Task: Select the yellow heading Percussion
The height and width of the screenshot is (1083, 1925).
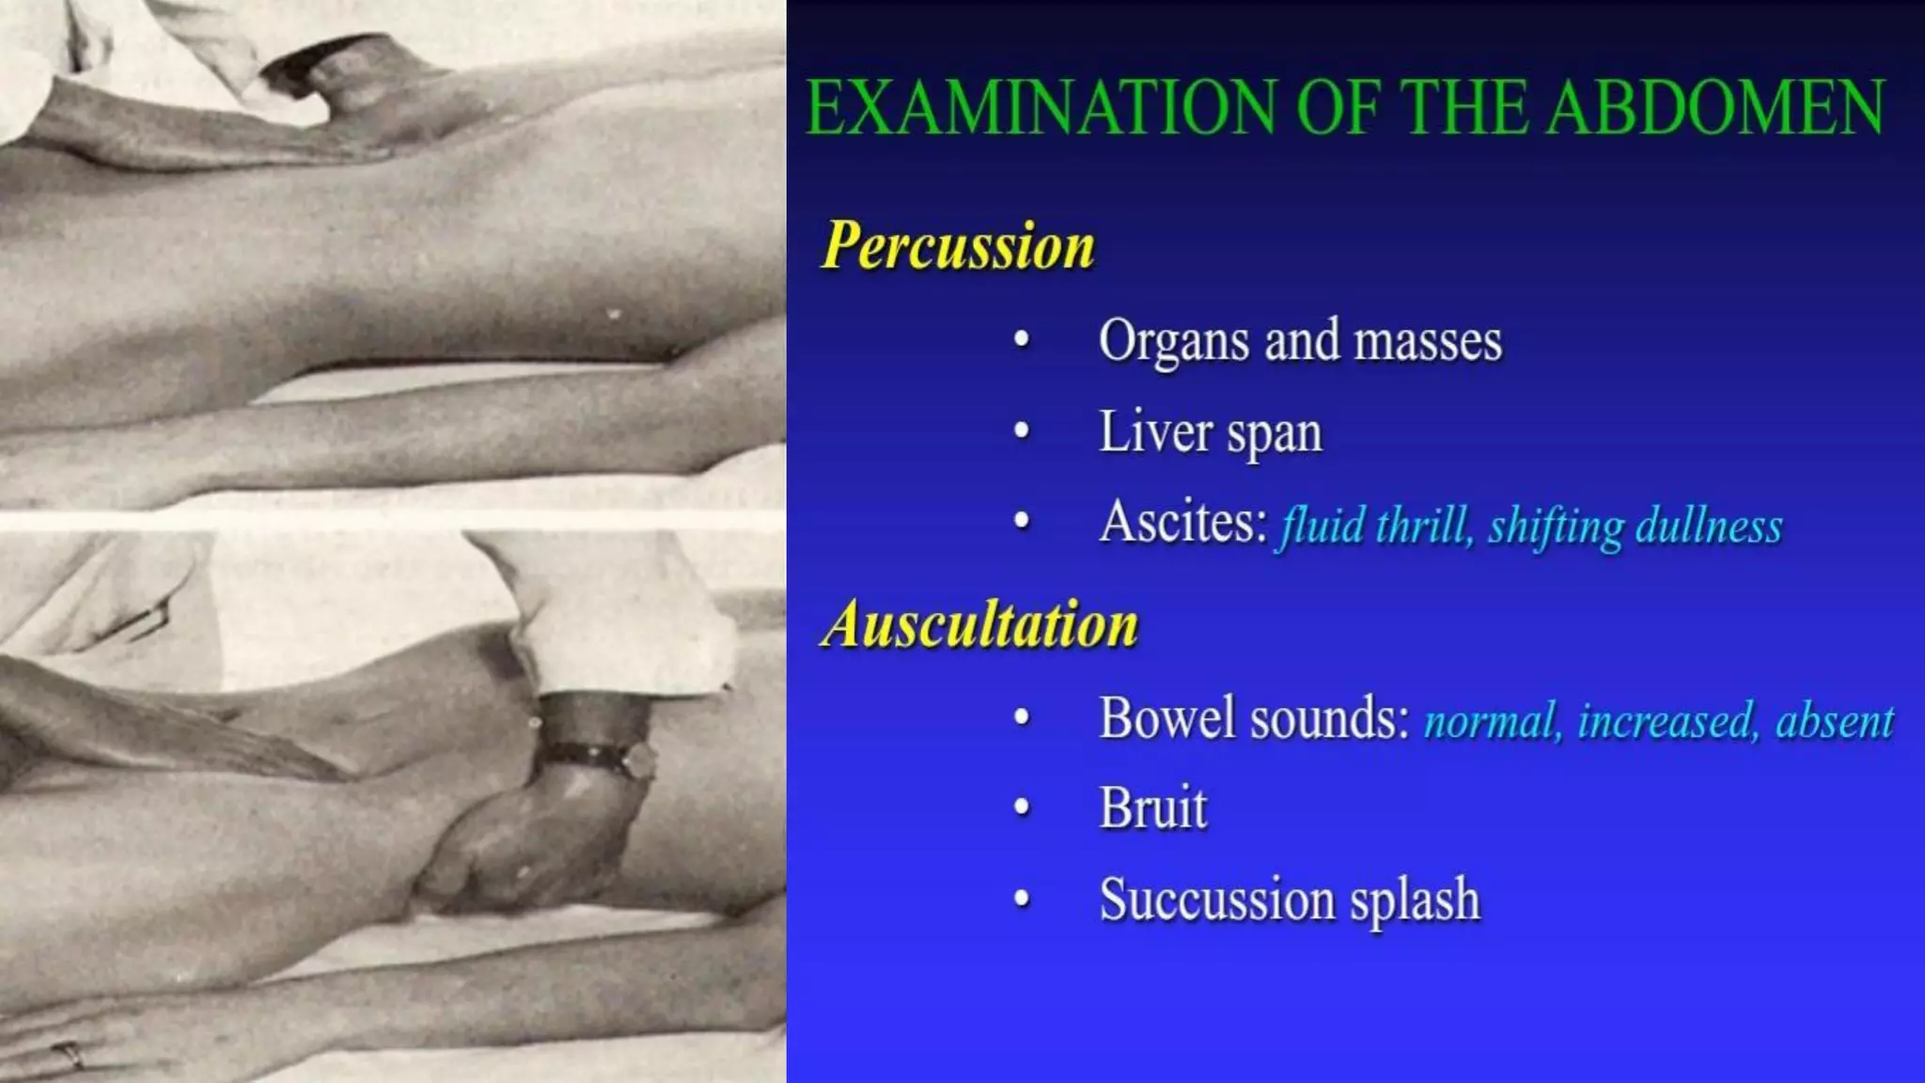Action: tap(958, 246)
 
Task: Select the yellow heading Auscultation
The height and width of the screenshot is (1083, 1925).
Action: tap(979, 625)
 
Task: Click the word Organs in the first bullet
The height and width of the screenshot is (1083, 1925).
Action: tap(1173, 341)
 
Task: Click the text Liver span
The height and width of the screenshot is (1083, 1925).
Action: tap(1211, 433)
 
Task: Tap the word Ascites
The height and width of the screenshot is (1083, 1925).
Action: tap(1182, 523)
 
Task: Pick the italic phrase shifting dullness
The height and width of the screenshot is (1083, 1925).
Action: tap(1635, 526)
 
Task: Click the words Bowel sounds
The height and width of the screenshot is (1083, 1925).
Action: tap(1254, 719)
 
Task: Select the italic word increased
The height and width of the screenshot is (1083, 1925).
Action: tap(1667, 722)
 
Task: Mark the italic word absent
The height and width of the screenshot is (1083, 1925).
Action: tap(1834, 722)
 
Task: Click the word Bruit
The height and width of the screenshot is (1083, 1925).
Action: tap(1152, 808)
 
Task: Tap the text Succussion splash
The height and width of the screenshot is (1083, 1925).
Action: tap(1290, 900)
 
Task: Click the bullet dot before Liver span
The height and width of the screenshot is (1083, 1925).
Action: tap(1022, 432)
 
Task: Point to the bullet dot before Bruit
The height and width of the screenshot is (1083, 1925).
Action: tap(1022, 808)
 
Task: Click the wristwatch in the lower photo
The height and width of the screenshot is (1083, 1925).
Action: tap(602, 758)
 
